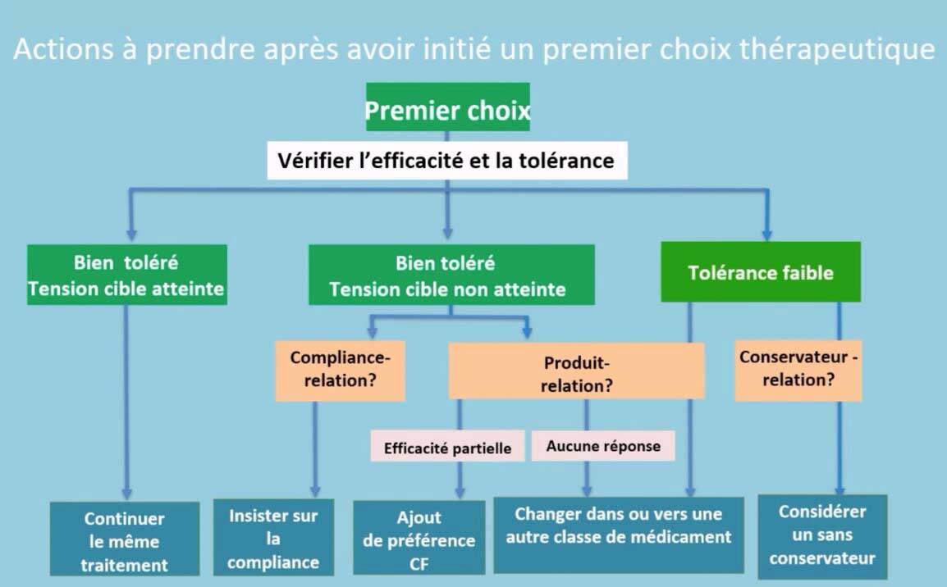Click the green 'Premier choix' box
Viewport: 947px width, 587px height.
(447, 107)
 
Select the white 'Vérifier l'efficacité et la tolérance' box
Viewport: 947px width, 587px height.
(447, 161)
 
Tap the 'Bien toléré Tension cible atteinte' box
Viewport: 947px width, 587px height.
(127, 275)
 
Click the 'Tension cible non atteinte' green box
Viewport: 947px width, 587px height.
(451, 275)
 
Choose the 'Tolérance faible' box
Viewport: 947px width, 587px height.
(761, 271)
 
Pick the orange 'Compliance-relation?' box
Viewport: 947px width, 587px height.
(340, 371)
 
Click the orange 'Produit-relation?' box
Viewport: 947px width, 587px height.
(576, 371)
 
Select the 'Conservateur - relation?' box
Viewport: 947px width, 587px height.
(798, 371)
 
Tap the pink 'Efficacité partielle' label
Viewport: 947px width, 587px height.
(447, 446)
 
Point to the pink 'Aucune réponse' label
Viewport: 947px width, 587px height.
(602, 446)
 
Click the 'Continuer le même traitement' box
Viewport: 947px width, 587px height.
(125, 539)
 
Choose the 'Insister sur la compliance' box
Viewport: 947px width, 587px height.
(273, 537)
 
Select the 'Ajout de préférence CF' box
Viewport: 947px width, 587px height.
(419, 538)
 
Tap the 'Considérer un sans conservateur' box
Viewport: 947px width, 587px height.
(822, 536)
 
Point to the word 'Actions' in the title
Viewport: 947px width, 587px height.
(63, 49)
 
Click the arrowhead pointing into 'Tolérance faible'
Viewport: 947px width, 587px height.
(767, 234)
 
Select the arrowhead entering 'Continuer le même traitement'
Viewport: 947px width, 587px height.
(126, 494)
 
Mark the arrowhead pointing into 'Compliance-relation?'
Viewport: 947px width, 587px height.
(372, 332)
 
